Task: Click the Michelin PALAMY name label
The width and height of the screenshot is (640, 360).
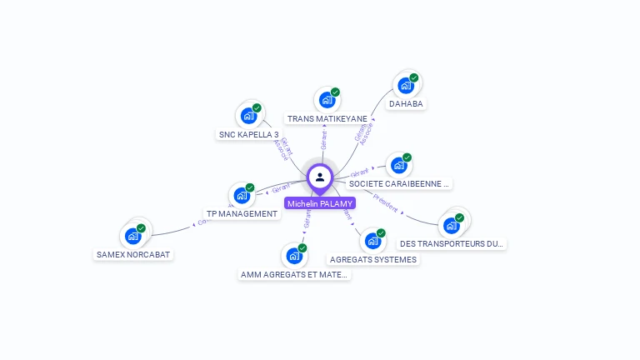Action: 320,203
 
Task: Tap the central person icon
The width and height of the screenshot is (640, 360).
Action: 320,177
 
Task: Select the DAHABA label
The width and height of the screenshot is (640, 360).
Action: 406,104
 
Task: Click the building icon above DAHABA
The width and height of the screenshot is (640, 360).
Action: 406,85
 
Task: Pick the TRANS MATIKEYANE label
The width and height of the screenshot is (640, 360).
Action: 327,119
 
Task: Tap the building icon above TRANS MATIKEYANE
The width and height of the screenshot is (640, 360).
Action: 327,100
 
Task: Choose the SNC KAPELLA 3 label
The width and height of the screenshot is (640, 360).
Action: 248,134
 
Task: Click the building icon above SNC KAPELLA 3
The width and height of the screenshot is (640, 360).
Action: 248,116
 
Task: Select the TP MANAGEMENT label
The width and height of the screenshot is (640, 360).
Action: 242,214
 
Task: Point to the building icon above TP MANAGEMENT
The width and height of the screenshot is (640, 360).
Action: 242,195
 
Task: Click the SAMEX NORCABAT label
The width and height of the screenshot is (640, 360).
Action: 133,254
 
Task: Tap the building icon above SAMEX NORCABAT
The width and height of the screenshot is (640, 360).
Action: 133,236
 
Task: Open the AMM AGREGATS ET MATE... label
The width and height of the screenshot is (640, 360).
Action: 294,274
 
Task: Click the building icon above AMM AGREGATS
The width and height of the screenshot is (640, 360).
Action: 294,256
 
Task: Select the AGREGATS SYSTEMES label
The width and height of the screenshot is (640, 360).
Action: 372,259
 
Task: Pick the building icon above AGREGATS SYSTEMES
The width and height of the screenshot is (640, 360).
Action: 372,241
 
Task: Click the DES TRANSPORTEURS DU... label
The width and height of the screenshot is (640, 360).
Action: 452,244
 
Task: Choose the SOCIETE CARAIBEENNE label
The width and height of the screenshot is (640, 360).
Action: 398,183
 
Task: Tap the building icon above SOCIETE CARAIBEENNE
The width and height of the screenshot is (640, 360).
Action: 398,165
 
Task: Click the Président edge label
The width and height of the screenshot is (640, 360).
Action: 386,202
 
